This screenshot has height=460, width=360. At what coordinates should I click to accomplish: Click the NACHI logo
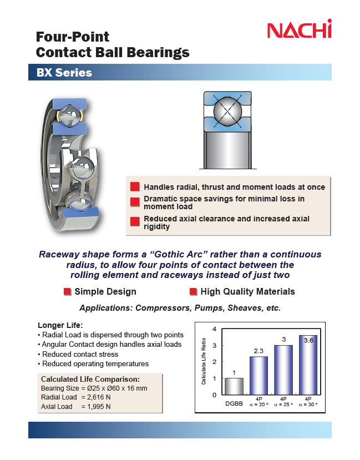(300, 29)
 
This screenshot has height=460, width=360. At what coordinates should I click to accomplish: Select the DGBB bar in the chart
(234, 386)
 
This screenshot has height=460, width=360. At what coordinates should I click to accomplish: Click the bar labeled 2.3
(258, 376)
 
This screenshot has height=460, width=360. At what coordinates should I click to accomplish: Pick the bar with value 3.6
(308, 365)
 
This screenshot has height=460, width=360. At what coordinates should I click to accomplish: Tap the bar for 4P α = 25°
(283, 370)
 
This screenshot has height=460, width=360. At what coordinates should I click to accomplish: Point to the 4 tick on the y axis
(214, 329)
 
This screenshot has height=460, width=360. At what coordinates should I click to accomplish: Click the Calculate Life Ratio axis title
(204, 361)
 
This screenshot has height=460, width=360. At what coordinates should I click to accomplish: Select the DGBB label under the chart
(234, 403)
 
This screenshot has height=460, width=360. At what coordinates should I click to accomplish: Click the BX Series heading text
(64, 73)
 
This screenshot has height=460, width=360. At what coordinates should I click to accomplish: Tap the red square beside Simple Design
(68, 292)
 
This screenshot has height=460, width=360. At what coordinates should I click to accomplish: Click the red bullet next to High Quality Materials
(193, 292)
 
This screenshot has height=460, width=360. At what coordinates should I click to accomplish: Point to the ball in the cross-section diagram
(227, 111)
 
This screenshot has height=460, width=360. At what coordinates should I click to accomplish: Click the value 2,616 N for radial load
(99, 397)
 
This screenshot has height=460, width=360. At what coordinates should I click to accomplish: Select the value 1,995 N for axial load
(99, 407)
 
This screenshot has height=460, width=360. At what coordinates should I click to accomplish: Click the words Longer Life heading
(60, 325)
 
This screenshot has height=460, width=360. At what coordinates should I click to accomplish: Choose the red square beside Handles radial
(135, 186)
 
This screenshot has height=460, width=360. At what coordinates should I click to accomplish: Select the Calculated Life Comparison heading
(90, 379)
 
